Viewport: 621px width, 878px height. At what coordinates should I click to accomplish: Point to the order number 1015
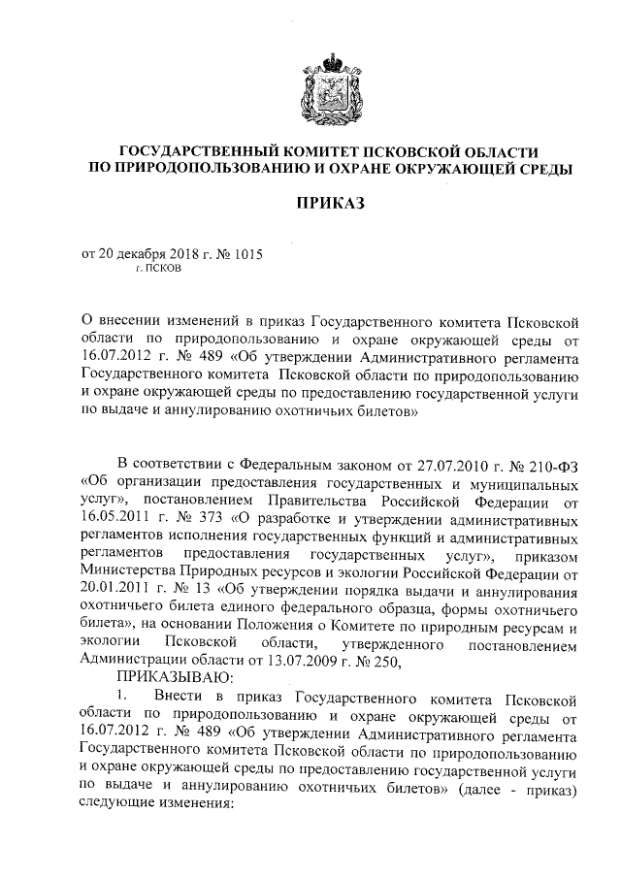246,253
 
